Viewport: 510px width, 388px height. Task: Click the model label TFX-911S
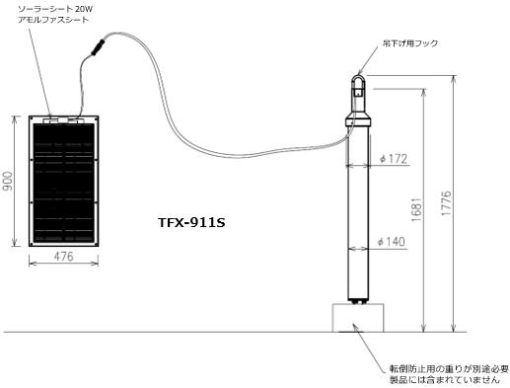191,223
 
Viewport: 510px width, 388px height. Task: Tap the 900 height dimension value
7,181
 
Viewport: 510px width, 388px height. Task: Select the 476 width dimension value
63,257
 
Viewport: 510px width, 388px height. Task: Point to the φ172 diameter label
394,159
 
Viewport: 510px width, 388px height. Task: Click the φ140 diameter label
392,242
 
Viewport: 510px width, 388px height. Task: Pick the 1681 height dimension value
416,209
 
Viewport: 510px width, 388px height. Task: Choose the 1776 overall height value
446,203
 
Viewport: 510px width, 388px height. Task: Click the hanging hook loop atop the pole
357,78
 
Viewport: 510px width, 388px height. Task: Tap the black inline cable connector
98,47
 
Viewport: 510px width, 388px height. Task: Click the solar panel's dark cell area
63,184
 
